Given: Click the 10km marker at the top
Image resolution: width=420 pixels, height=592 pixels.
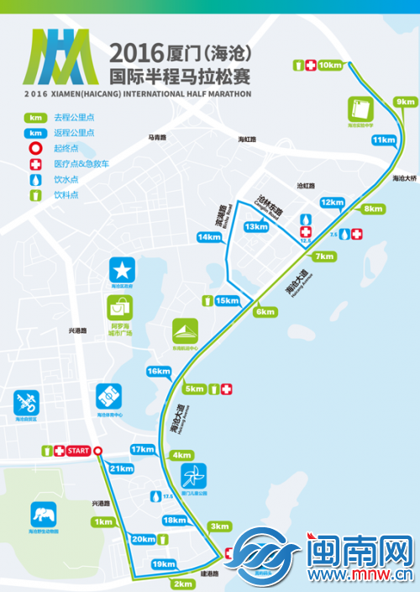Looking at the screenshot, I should tap(331, 65).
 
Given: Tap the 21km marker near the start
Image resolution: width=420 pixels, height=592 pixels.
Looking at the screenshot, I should tap(122, 468).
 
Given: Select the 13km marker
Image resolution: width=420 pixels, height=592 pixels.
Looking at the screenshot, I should tap(256, 227).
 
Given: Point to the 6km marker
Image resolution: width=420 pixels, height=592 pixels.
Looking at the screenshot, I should tap(265, 312).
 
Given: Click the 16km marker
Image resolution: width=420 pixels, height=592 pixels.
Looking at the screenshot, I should tap(158, 371).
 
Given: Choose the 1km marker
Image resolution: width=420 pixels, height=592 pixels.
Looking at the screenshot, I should tap(104, 522).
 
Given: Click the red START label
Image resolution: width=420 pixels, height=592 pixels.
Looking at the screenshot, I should tap(78, 452).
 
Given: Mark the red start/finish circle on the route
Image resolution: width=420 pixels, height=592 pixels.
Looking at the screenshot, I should tap(97, 452).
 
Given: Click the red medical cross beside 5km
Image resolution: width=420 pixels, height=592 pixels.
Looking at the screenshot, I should tap(227, 388).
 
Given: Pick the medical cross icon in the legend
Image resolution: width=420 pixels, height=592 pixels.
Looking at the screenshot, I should tap(35, 163).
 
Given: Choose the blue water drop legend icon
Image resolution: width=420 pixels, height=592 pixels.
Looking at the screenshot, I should tap(35, 179).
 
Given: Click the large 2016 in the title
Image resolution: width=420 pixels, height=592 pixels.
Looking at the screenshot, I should tap(139, 54).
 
